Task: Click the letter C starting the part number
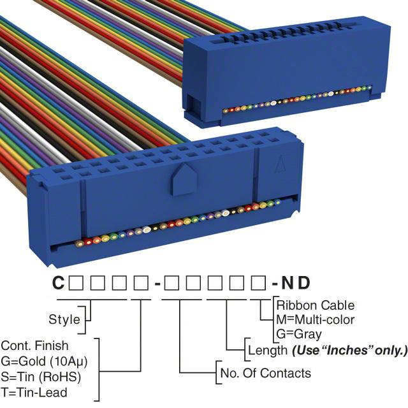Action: click(x=58, y=282)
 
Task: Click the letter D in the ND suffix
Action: click(x=305, y=282)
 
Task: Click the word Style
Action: click(x=64, y=319)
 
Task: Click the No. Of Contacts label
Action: click(x=265, y=373)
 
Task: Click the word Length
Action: click(x=266, y=350)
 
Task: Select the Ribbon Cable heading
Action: click(x=315, y=305)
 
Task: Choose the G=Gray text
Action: click(x=299, y=333)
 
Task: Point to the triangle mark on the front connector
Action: click(x=279, y=165)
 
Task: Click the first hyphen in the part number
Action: click(x=156, y=283)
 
